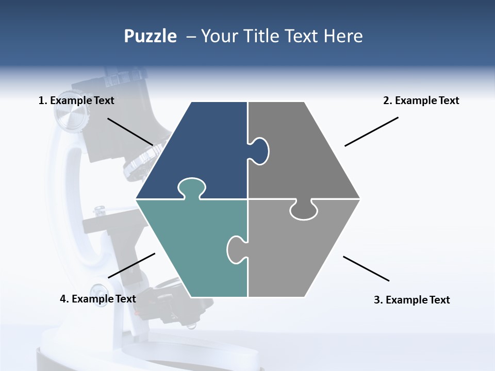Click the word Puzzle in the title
tap(150, 36)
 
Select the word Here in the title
tap(343, 36)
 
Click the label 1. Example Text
tap(76, 100)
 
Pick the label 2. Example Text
tap(421, 100)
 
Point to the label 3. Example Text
tap(411, 300)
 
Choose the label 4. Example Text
tap(98, 299)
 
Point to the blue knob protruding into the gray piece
tap(259, 151)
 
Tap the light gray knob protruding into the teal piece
tap(237, 249)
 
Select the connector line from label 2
tap(371, 131)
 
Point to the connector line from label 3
tap(366, 268)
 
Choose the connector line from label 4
tap(131, 265)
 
